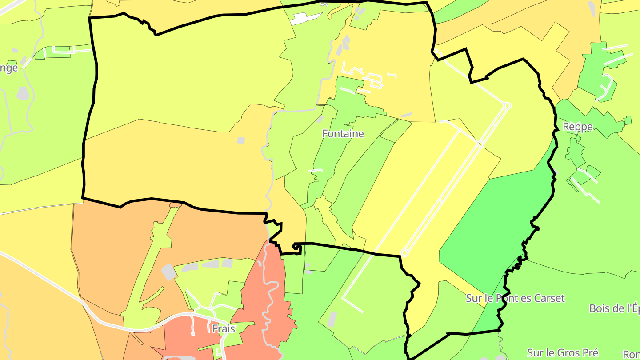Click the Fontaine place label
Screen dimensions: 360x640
[343, 133]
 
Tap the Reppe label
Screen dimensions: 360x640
[577, 127]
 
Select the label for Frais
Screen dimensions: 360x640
[224, 328]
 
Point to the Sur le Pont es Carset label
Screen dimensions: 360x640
[515, 298]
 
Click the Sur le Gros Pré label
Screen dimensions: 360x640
[563, 352]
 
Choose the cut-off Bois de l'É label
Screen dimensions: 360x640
[614, 308]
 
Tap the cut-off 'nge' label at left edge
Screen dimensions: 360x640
[9, 68]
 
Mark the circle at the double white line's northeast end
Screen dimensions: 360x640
[507, 106]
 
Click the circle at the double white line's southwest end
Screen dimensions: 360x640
[404, 253]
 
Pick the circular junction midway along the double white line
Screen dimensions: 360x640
[480, 144]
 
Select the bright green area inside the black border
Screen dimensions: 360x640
[502, 222]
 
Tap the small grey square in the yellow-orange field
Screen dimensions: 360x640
[241, 140]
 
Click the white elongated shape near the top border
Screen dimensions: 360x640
[306, 18]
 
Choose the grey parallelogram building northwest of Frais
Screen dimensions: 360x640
[168, 272]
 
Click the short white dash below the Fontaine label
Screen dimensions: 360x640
[316, 170]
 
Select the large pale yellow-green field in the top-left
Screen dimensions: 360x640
[187, 71]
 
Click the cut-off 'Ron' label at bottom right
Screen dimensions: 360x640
[631, 354]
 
